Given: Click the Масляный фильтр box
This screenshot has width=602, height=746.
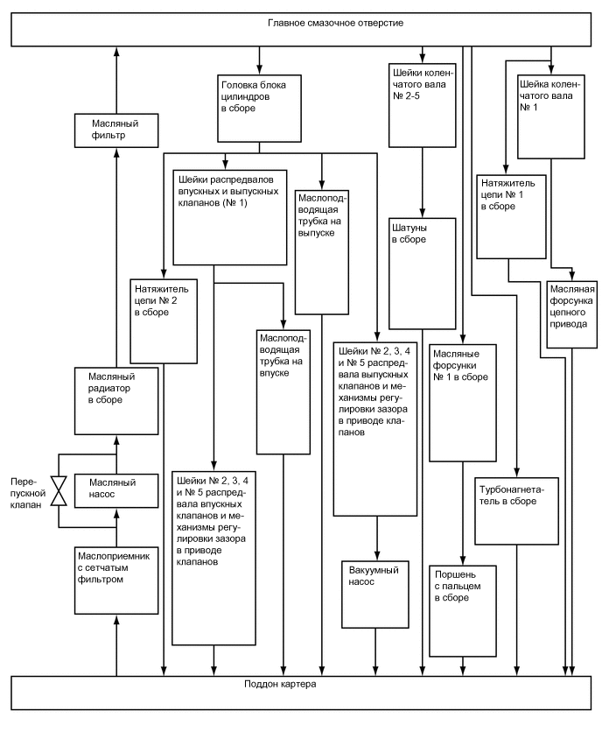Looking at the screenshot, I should [115, 130].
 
